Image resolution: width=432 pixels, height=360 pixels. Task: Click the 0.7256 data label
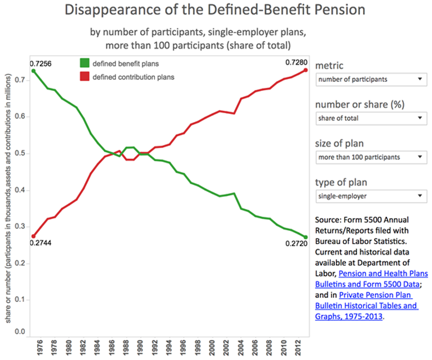pos(41,64)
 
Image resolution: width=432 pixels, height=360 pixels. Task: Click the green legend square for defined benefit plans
pos(84,63)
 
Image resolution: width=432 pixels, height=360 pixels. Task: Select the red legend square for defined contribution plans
pos(84,77)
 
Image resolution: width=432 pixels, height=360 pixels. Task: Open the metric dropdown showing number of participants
pos(371,80)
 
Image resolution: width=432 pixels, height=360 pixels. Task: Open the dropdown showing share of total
pos(371,118)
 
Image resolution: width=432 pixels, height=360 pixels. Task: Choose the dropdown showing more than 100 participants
pos(371,157)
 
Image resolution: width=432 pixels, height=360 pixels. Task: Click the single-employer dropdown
pos(371,196)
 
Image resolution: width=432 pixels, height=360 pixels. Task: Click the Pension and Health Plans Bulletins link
pos(383,274)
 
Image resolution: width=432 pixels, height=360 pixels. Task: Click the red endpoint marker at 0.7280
pos(306,70)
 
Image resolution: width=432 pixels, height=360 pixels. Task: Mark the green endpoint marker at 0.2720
pos(306,237)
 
